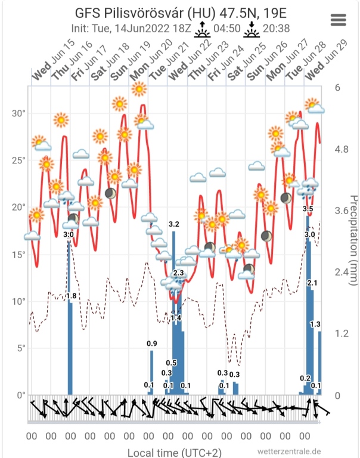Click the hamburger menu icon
click(338, 19)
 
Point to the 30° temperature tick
click(20, 113)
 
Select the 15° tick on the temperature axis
click(20, 255)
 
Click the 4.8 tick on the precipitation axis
click(342, 149)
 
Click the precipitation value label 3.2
click(174, 224)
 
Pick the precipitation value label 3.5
click(308, 209)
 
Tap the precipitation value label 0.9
click(152, 343)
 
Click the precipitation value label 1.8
click(72, 296)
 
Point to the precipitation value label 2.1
click(312, 282)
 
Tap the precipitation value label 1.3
click(316, 324)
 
